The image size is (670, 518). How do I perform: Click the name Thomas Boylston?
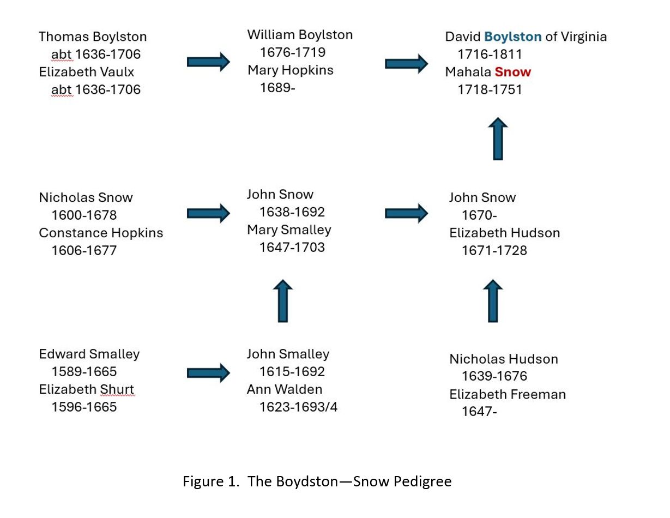pos(93,37)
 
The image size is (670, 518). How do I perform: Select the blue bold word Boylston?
pos(512,37)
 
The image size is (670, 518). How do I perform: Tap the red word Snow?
pos(513,72)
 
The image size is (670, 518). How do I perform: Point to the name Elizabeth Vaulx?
pos(86,72)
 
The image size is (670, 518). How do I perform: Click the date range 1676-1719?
pos(293,52)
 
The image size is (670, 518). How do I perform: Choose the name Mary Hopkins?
pos(291,70)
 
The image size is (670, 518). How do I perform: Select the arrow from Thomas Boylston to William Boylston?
pos(208,62)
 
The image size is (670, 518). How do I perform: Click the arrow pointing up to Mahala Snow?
pos(498,138)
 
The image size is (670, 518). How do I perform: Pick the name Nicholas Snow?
pos(86,197)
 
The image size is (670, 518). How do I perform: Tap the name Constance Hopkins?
pos(101,233)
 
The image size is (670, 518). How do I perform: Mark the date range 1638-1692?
pos(292,212)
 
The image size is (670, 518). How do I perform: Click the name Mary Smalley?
pos(289,230)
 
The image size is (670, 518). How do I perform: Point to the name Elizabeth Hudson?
pos(504,233)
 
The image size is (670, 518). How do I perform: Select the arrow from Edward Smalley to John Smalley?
pos(208,373)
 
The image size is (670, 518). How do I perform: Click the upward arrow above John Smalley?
pos(283,301)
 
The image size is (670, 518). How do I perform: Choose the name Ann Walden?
pos(285,389)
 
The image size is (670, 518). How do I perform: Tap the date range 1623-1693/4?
pos(298,407)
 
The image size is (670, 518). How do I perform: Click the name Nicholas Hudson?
pos(504,359)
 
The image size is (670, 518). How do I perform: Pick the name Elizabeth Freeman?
pos(507,395)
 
